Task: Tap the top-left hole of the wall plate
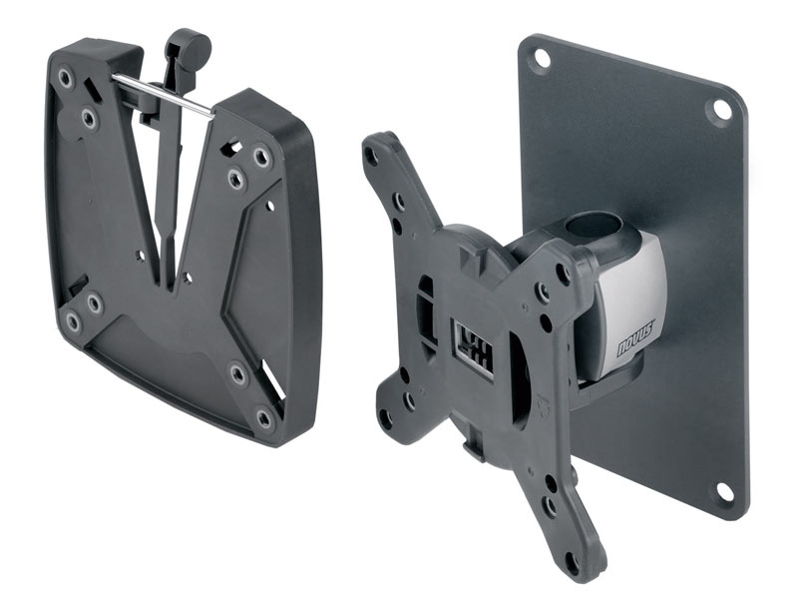click(541, 58)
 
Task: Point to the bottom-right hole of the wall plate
click(725, 492)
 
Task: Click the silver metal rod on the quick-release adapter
click(160, 93)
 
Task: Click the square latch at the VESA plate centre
click(472, 345)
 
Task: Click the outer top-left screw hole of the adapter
click(67, 76)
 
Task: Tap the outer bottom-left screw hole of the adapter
click(74, 321)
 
